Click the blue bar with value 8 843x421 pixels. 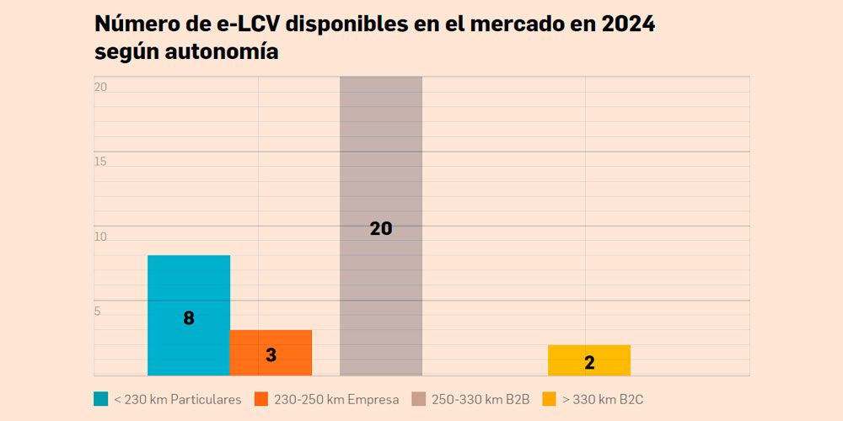(189, 286)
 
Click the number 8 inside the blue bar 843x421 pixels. (189, 318)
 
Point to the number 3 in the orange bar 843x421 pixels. (271, 355)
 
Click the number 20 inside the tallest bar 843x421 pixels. (381, 228)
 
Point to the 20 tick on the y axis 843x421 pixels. (100, 88)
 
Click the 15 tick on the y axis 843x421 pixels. (100, 162)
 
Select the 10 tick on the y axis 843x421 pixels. (100, 237)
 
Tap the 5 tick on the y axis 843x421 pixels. (98, 312)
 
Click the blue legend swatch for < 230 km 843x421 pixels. (101, 399)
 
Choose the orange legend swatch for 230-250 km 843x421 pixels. (261, 399)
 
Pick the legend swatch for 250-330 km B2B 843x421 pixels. (418, 399)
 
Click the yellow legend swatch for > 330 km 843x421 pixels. (549, 399)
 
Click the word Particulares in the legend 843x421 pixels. (206, 399)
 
